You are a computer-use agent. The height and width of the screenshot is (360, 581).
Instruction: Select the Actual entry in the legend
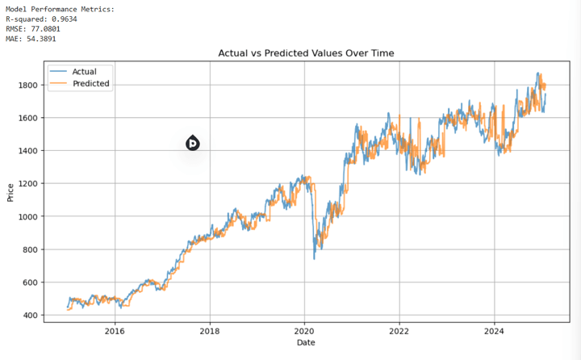84,72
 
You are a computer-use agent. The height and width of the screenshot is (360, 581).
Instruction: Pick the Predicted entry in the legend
90,83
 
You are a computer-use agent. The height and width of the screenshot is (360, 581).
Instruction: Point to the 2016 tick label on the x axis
115,330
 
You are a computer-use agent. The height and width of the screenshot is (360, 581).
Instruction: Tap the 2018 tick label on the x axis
210,330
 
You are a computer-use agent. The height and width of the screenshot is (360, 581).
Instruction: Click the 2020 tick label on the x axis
304,330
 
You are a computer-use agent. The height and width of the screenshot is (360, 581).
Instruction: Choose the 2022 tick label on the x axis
399,330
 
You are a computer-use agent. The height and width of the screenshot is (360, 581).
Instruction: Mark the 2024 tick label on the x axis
494,330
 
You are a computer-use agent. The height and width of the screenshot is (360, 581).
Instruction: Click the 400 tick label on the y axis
28,315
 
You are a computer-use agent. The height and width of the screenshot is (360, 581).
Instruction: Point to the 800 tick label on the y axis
28,249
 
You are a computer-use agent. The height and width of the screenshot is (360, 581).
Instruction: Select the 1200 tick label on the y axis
26,183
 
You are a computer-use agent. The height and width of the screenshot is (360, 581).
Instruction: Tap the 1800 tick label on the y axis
26,85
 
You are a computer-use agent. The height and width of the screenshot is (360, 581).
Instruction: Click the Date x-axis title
306,343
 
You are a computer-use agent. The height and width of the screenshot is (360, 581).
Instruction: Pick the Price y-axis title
10,192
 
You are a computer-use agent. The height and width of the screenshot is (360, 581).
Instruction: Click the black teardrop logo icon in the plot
192,143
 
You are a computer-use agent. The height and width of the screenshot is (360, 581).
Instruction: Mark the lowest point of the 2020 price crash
314,258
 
